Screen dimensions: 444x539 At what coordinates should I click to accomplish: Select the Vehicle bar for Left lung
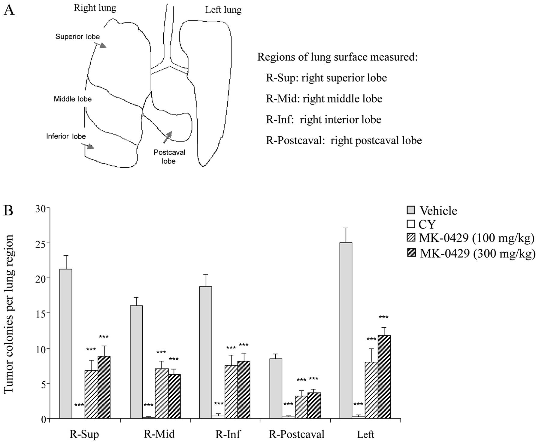click(x=346, y=330)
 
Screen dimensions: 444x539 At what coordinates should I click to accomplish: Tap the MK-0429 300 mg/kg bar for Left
click(x=384, y=377)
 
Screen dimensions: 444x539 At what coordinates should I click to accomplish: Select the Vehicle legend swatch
click(x=411, y=210)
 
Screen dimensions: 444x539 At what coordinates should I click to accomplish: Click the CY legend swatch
click(x=411, y=224)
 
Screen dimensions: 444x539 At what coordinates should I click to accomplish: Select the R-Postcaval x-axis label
click(x=296, y=434)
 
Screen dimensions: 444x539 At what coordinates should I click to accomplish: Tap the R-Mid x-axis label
click(x=159, y=434)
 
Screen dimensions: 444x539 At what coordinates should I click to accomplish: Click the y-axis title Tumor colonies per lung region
click(x=9, y=314)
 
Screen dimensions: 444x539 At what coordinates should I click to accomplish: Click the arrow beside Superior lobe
click(x=100, y=45)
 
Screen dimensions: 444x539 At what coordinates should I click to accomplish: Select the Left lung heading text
click(x=223, y=10)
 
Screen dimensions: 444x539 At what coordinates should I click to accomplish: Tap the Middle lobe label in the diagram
click(x=73, y=99)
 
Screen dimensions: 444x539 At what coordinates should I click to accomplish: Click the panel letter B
click(x=8, y=211)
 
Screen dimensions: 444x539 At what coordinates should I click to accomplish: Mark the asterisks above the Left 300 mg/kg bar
click(x=383, y=318)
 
